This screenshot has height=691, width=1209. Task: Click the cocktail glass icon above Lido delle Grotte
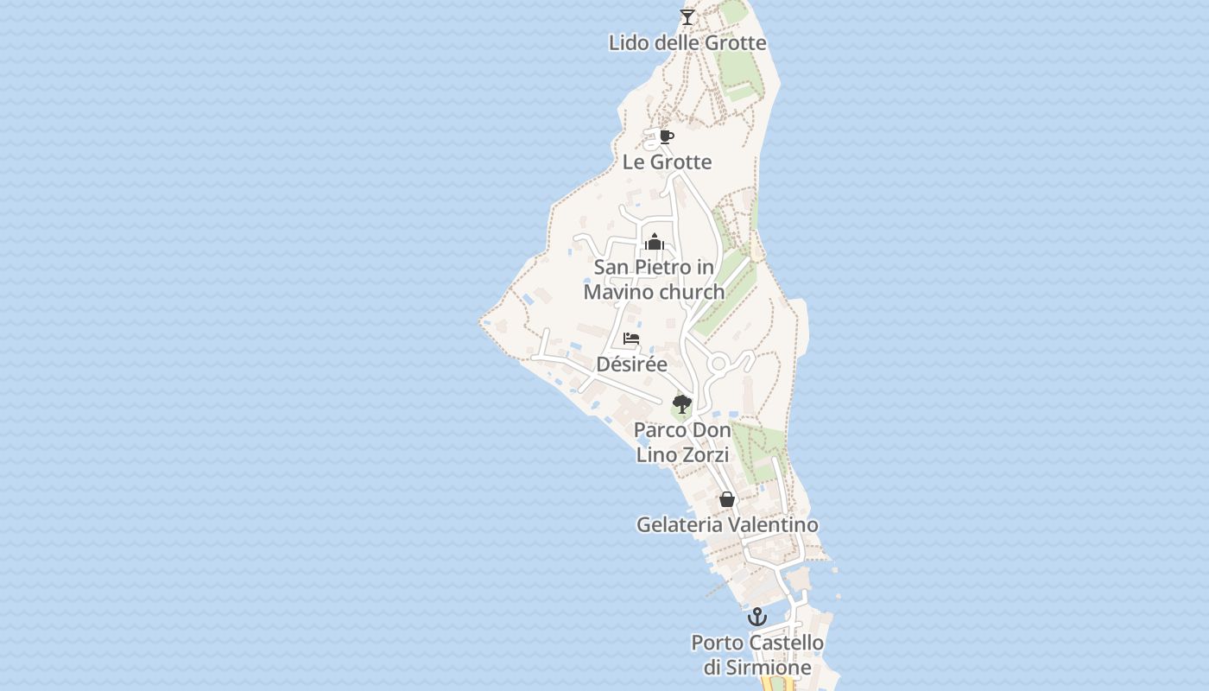[687, 16]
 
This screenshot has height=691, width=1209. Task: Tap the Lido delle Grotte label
[687, 42]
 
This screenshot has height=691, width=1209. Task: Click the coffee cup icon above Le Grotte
[666, 136]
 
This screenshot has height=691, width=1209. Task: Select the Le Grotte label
[667, 162]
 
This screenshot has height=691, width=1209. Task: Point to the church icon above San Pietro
[654, 241]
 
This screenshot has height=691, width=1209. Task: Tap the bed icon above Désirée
[631, 339]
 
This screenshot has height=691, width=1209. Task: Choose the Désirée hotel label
[632, 364]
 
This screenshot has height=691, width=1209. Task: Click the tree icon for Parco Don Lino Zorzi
[681, 403]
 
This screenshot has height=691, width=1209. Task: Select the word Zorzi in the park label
[706, 454]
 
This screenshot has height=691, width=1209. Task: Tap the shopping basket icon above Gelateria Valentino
[727, 499]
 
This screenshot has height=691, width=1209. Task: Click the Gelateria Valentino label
[727, 524]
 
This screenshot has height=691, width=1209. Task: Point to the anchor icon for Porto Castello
[756, 617]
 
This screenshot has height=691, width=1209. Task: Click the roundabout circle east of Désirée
[718, 364]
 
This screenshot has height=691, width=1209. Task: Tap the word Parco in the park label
[659, 429]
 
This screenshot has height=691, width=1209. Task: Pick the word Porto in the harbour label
[718, 643]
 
